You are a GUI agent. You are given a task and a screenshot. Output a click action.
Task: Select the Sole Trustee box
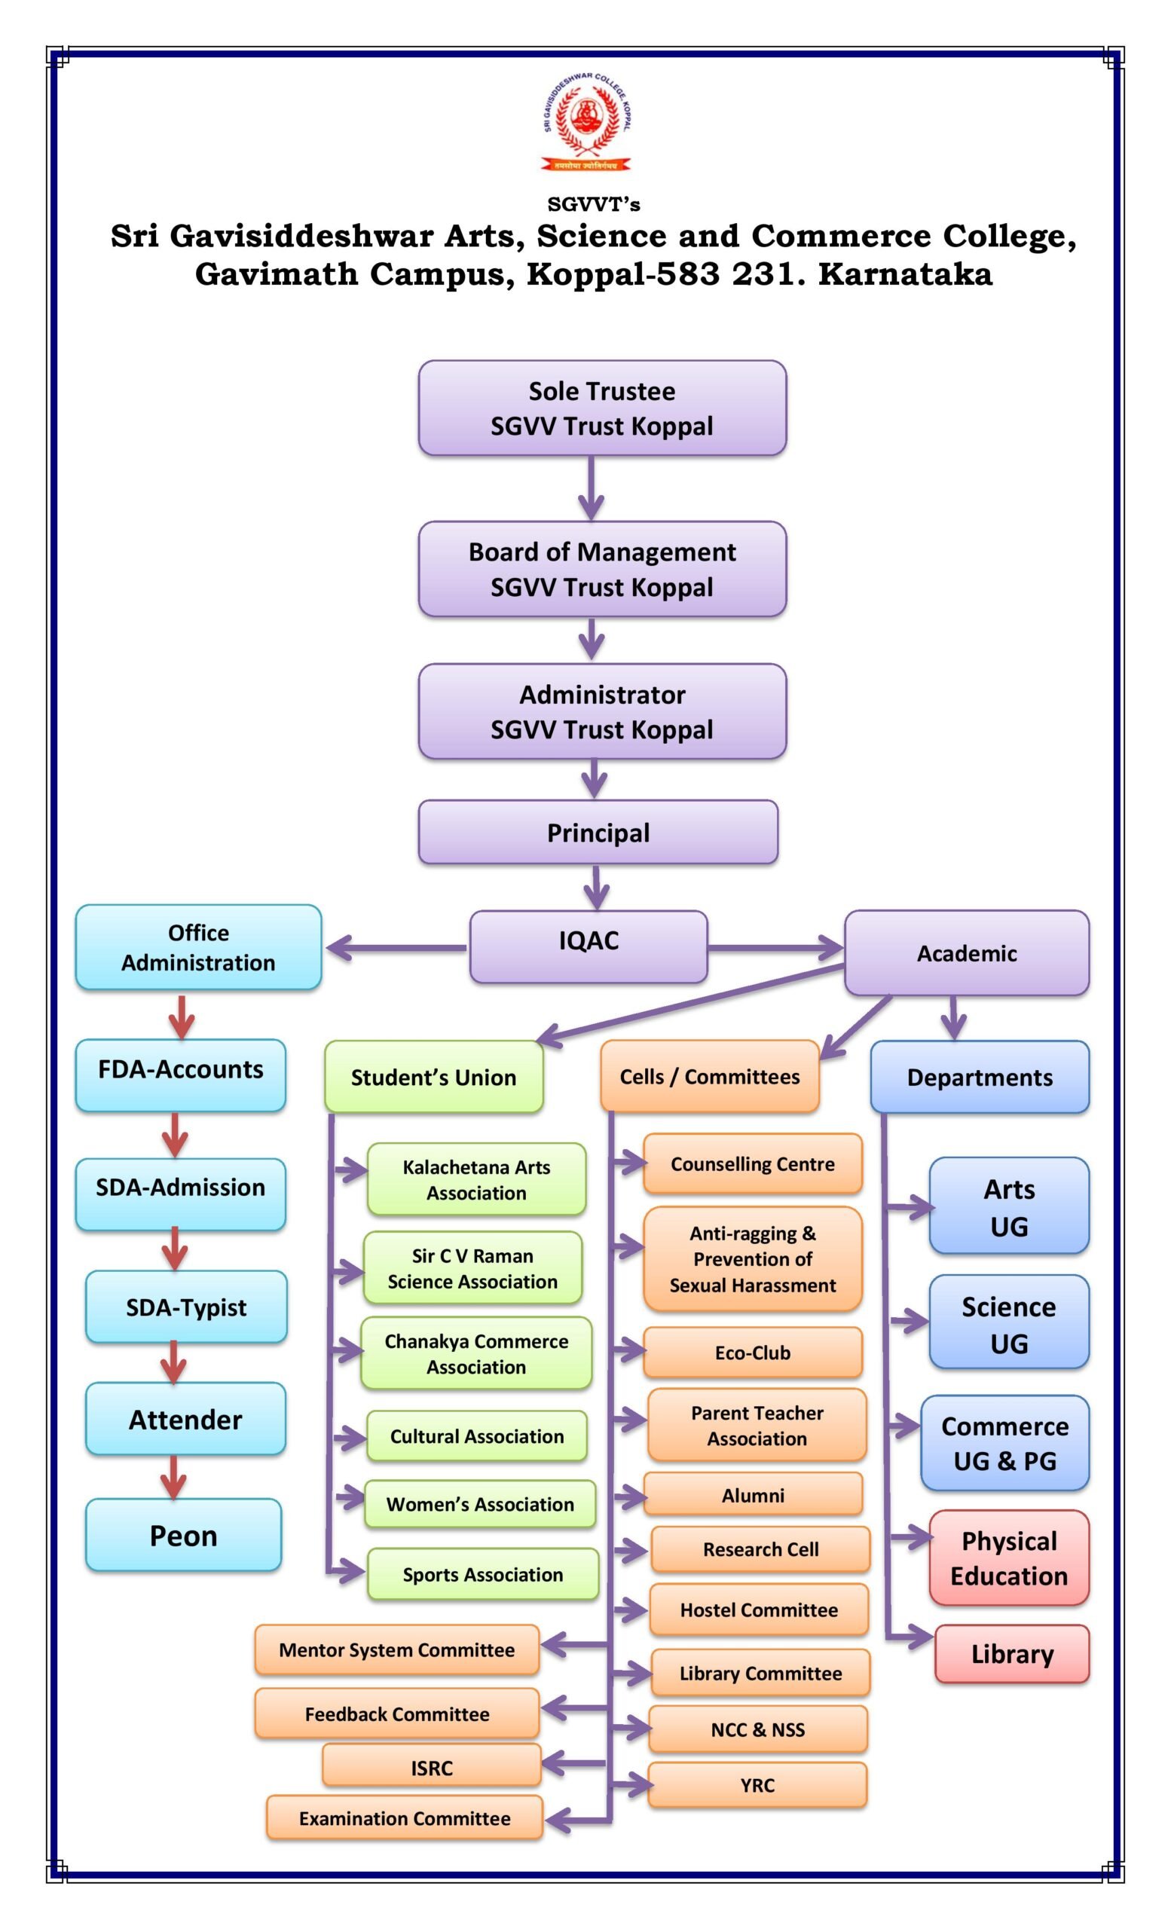tap(602, 408)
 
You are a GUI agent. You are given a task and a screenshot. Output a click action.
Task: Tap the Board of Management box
tap(602, 569)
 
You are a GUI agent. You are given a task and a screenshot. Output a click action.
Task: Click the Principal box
tap(598, 832)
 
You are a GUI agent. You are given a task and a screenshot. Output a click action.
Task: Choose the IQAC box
tap(588, 946)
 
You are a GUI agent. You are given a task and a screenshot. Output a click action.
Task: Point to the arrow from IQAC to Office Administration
tap(396, 948)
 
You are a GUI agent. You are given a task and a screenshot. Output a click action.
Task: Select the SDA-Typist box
tap(186, 1307)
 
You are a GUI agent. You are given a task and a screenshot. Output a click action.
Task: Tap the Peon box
tap(183, 1535)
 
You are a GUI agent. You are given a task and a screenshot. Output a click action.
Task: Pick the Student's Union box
tap(433, 1078)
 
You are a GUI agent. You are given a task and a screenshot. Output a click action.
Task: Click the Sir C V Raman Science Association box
tap(472, 1267)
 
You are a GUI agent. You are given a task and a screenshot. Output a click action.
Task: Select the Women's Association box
tap(480, 1504)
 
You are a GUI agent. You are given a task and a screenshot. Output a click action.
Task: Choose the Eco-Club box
tap(752, 1352)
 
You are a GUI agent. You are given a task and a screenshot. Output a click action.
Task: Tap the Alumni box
tap(752, 1494)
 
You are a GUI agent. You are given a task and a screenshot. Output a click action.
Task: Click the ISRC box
tap(431, 1767)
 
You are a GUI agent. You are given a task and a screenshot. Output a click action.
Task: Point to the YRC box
tap(757, 1784)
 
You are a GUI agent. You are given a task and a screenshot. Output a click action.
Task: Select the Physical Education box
tap(1009, 1557)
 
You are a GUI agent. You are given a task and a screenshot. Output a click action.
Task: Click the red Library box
tap(1011, 1653)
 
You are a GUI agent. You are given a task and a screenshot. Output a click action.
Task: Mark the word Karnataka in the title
tap(905, 274)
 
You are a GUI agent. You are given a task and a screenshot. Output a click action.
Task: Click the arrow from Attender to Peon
tap(173, 1476)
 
